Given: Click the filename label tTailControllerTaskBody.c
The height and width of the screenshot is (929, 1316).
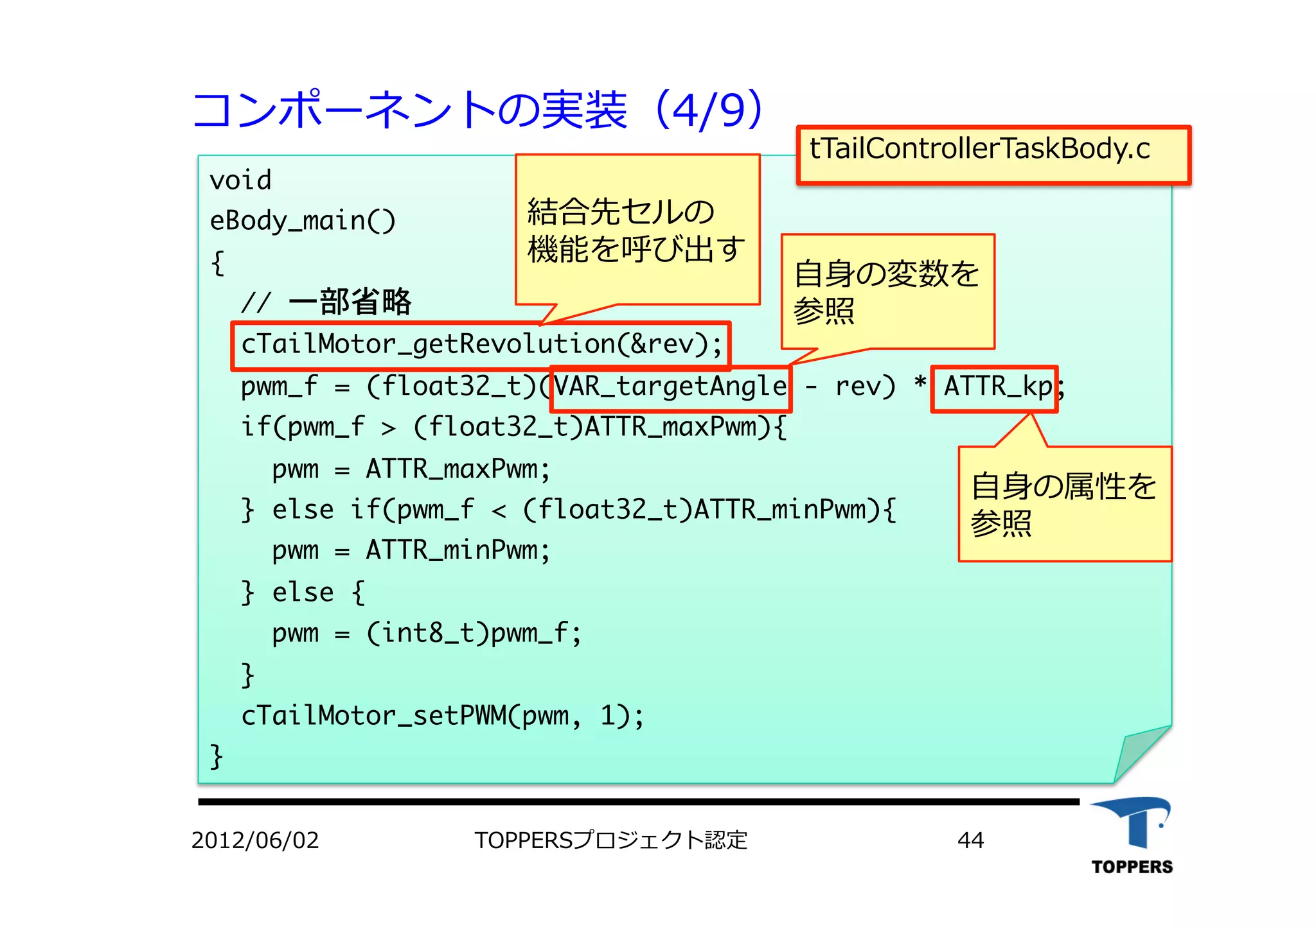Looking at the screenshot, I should [979, 150].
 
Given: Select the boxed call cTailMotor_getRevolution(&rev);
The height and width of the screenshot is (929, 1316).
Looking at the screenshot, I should [481, 345].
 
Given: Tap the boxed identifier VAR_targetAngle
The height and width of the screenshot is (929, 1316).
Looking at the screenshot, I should [670, 387].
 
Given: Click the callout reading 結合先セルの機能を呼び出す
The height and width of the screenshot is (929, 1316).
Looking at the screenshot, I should [636, 230].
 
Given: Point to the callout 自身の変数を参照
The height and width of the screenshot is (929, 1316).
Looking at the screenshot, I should [887, 292].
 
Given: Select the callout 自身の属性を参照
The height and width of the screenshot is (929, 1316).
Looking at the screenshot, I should [1064, 504].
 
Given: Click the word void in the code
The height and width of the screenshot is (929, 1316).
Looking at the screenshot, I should [240, 180].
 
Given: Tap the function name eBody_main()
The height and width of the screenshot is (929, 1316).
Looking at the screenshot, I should [302, 221].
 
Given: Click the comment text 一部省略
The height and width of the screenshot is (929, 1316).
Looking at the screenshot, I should [350, 302].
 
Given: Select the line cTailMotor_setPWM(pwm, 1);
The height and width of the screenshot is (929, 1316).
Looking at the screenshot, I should [442, 716].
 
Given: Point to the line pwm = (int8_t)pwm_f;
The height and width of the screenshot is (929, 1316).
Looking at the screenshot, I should [426, 634].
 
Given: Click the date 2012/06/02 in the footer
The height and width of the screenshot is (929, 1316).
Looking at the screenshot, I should [255, 840].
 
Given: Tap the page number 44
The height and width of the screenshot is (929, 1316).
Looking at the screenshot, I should [970, 840].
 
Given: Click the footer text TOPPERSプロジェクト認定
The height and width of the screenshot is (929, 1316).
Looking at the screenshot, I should [610, 840].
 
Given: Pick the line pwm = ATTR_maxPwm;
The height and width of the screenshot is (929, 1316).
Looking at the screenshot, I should [411, 469].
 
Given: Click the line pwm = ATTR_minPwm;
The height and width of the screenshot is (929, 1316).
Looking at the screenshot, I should [411, 551].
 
